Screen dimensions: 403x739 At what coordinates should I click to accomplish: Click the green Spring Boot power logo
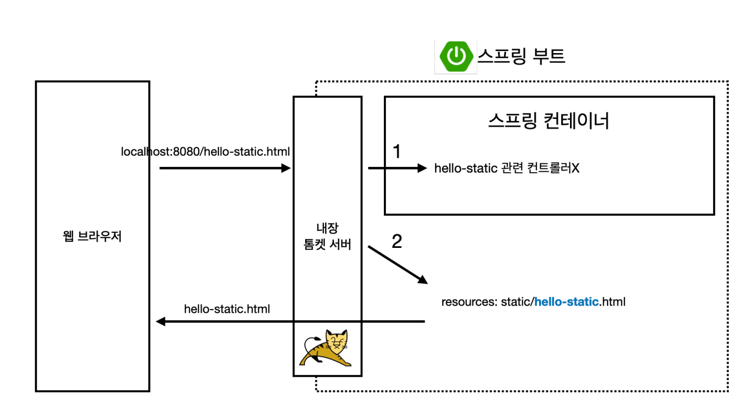(x=456, y=56)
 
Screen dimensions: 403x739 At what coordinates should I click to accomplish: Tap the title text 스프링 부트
(x=522, y=56)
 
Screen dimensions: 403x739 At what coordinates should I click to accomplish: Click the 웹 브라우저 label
(x=92, y=238)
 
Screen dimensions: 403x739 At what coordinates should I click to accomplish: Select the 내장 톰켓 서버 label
(x=328, y=237)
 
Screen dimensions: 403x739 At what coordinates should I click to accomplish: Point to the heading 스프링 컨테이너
(x=548, y=122)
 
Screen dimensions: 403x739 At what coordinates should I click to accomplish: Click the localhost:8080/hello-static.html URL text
(x=206, y=152)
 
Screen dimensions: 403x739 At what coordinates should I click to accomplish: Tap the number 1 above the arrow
(x=397, y=152)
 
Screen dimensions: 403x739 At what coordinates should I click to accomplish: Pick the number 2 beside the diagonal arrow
(x=397, y=242)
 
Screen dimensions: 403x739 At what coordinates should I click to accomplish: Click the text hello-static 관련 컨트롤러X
(x=507, y=168)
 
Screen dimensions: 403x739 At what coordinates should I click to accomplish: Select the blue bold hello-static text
(x=567, y=302)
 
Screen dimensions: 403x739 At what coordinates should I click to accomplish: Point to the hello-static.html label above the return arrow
(x=227, y=309)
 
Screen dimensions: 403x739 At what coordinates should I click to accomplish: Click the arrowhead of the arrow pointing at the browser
(x=160, y=322)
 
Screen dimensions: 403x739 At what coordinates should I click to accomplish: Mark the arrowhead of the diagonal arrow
(x=423, y=279)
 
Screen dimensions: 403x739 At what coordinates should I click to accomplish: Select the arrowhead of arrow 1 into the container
(x=423, y=168)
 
